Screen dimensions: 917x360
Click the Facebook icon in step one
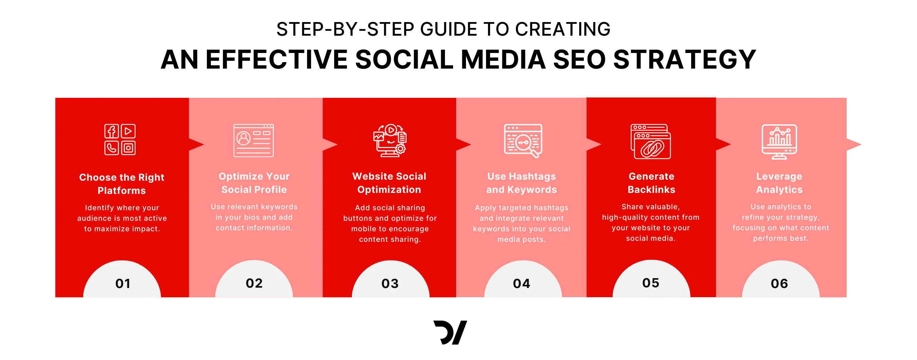111,131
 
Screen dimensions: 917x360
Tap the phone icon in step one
111,148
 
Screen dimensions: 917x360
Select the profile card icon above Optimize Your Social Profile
253,140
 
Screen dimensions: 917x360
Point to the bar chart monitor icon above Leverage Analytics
779,141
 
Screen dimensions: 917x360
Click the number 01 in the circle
123,284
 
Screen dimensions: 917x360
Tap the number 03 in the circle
390,284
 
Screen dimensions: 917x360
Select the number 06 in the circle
779,284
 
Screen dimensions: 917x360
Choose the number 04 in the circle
522,284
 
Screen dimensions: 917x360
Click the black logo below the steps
450,332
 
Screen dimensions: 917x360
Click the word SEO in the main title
579,59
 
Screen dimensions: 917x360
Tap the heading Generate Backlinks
651,183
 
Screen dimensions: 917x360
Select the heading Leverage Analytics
779,183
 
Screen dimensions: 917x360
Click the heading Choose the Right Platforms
122,184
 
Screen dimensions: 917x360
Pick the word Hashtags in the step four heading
532,176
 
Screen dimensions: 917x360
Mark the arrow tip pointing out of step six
861,145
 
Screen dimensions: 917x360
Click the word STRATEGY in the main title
685,59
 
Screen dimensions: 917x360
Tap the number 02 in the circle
254,283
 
